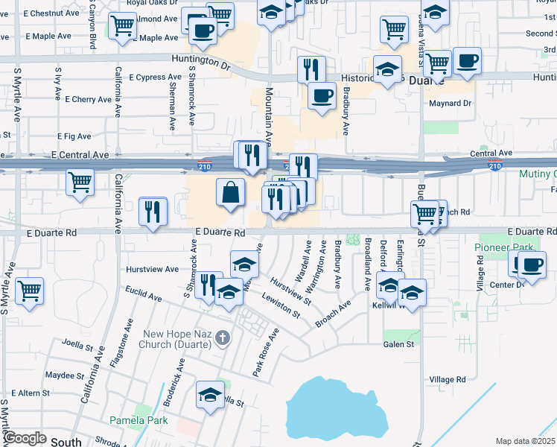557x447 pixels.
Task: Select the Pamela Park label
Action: coord(139,420)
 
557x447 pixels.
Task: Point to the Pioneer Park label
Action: coord(500,247)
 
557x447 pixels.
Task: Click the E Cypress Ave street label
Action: coord(155,77)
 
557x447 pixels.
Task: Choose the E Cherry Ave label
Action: coord(88,99)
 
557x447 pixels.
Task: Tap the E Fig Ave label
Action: coord(74,136)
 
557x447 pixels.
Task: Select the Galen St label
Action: coord(398,344)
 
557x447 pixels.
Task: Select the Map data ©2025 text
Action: coord(525,441)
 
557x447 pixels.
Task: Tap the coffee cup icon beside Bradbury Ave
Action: coord(322,96)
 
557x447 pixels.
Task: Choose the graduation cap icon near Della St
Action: coord(211,394)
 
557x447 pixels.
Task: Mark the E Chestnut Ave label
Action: coord(51,13)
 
